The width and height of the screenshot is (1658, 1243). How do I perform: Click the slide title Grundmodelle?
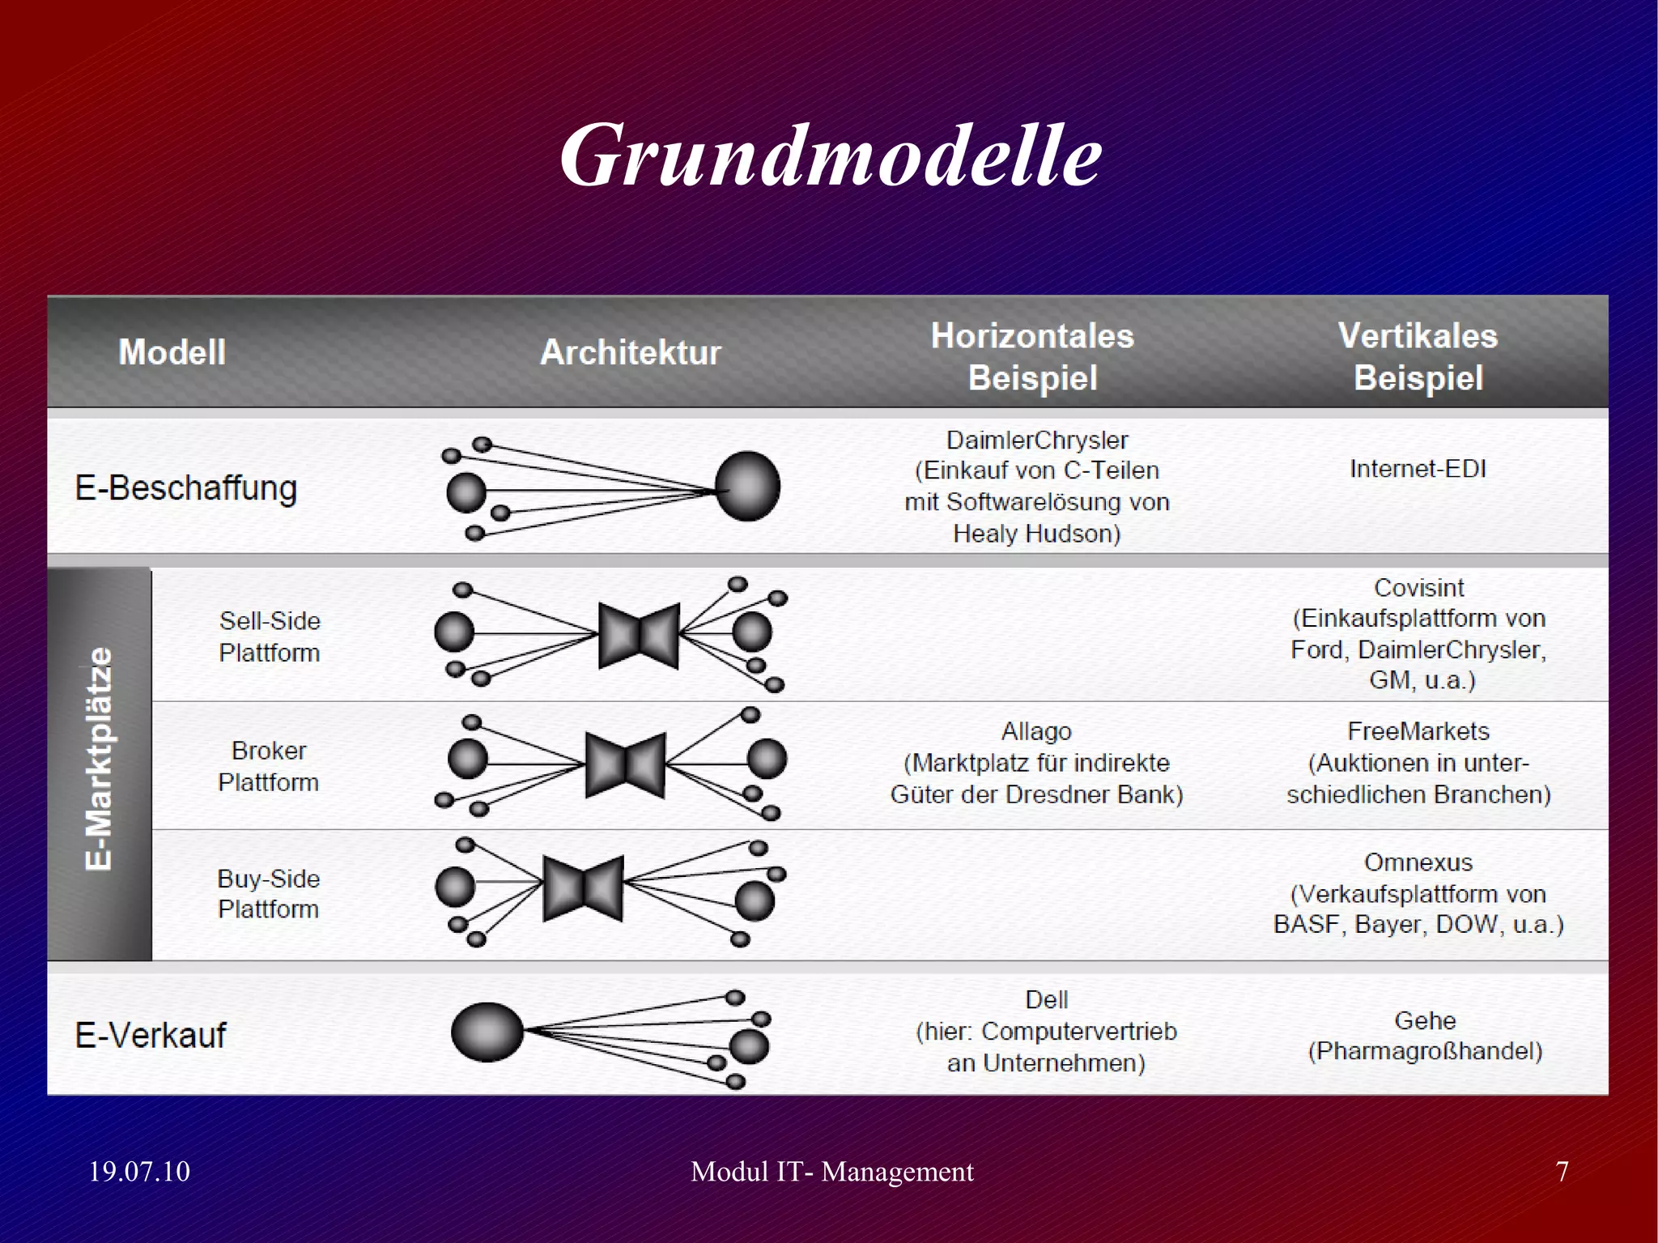[x=830, y=155]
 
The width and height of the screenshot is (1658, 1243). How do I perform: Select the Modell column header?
[x=172, y=352]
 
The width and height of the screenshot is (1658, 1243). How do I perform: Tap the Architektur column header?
[x=630, y=352]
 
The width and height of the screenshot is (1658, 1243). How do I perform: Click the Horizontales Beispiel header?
[x=1032, y=357]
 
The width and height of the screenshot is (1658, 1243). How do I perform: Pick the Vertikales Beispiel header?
[x=1418, y=357]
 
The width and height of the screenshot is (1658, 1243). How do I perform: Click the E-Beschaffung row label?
[x=186, y=488]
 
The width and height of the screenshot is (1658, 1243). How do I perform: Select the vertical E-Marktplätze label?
[x=99, y=759]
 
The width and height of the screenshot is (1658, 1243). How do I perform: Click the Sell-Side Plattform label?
[x=270, y=636]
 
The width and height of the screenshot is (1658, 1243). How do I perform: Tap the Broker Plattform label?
[x=269, y=766]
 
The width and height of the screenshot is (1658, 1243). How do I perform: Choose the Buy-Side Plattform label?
[x=269, y=893]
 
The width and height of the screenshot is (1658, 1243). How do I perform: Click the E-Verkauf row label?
[x=151, y=1035]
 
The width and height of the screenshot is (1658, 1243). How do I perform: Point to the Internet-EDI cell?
[x=1418, y=469]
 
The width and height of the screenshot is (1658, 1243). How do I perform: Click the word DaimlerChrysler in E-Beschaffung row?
[x=1037, y=440]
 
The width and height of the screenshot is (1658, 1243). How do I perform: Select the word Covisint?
[x=1418, y=587]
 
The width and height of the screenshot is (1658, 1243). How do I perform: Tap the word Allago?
[x=1036, y=731]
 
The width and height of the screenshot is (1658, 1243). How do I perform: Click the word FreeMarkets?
[x=1418, y=731]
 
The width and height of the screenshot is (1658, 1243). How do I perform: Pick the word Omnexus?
[x=1418, y=862]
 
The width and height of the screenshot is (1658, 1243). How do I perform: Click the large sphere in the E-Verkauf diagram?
[x=487, y=1032]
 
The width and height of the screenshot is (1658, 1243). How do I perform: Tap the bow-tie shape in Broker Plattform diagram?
[x=625, y=764]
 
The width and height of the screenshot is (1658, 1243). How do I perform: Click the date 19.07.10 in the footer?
[x=139, y=1172]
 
